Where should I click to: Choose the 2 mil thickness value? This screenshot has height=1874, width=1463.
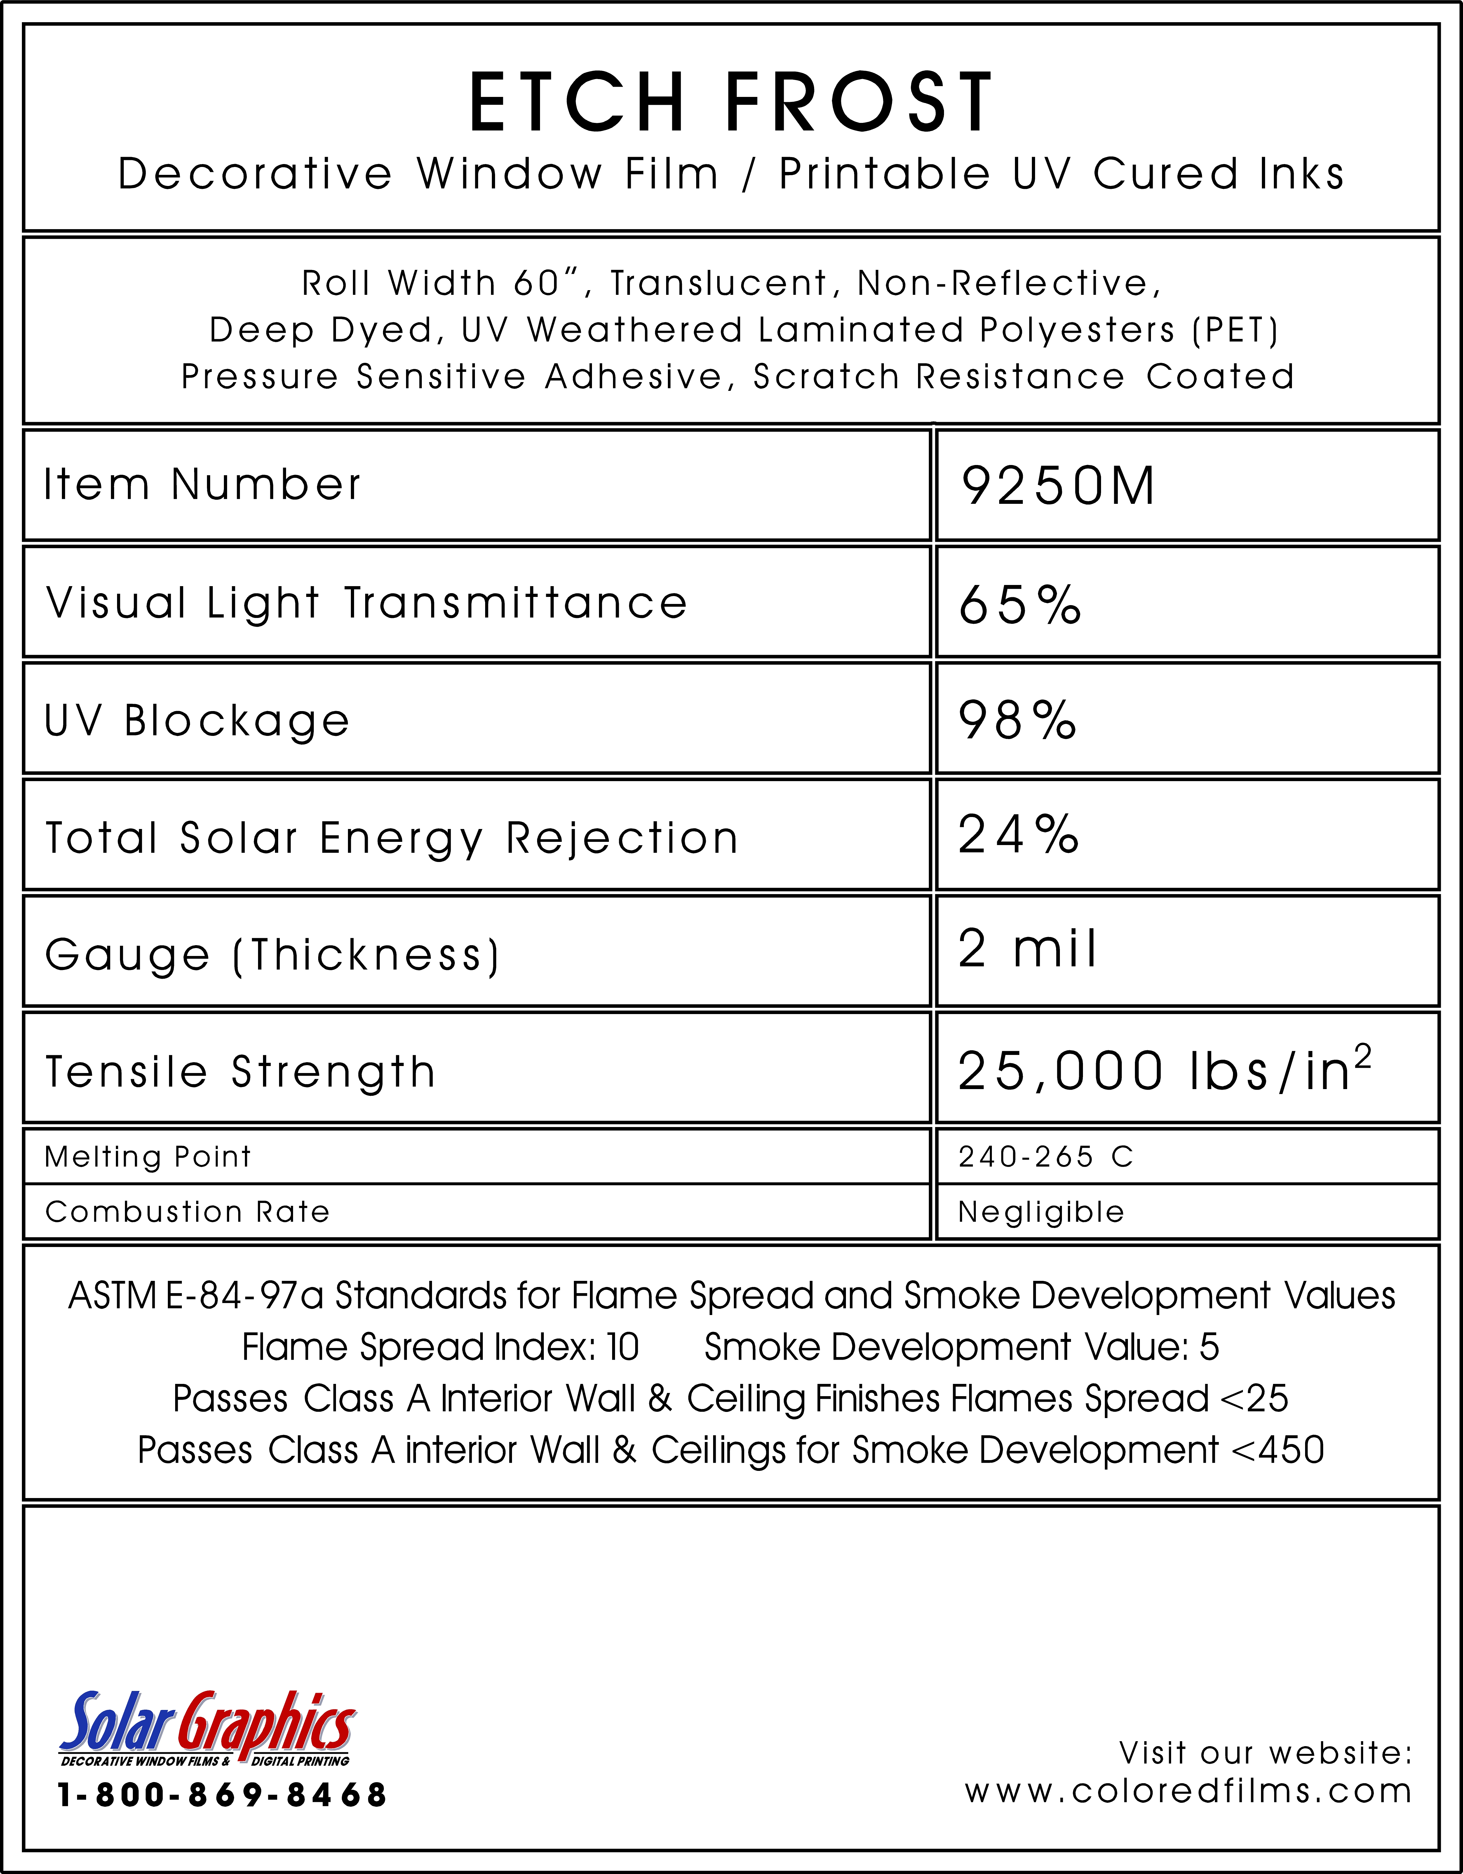point(1027,949)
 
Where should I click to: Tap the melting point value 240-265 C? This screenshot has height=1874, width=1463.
point(1045,1157)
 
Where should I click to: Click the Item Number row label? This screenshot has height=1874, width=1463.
point(203,485)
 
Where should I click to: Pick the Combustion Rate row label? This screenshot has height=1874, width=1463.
point(187,1212)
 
